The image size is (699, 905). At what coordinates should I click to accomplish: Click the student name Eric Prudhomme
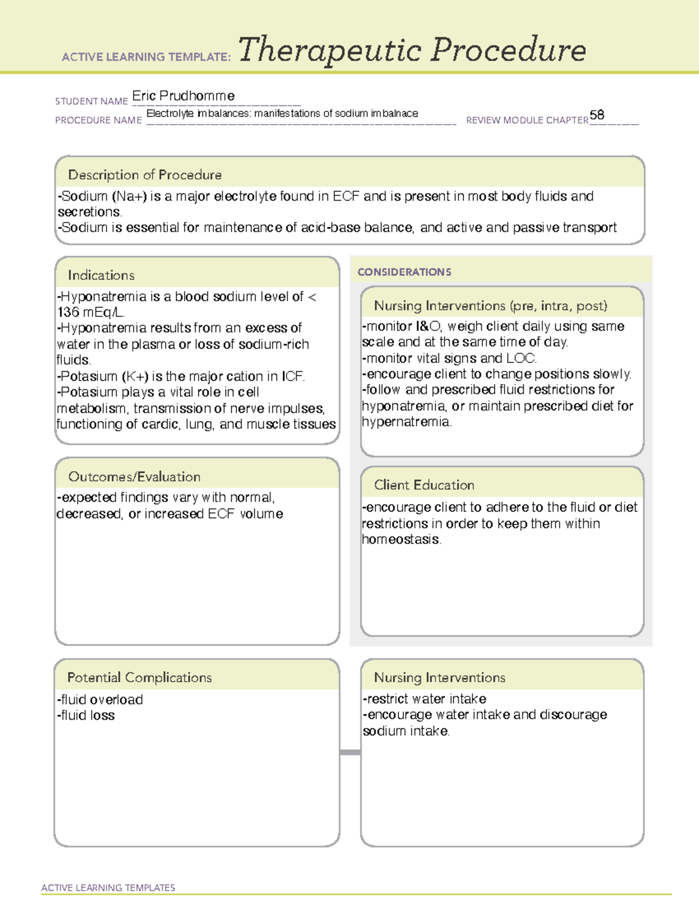point(183,96)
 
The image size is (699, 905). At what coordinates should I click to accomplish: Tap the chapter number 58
point(596,115)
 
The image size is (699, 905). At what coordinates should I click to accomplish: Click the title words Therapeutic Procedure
point(412,50)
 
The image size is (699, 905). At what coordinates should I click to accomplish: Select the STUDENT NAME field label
point(91,101)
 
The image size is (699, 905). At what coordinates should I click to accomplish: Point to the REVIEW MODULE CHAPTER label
point(527,120)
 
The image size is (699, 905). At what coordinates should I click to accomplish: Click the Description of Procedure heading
point(144,175)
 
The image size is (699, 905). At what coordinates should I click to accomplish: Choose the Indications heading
point(101,275)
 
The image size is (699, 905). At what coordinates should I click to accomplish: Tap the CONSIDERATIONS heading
point(404,272)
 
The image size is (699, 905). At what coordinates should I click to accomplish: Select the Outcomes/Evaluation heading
point(134,477)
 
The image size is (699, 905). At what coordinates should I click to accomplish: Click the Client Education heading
point(423,485)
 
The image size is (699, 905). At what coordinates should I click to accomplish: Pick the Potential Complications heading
point(139,677)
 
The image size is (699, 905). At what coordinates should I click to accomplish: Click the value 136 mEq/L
point(91,312)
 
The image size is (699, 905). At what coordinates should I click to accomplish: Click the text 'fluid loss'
point(87,716)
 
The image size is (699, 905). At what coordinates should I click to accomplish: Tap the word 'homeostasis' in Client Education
point(401,540)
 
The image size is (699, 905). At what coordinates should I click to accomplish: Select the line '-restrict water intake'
point(424,699)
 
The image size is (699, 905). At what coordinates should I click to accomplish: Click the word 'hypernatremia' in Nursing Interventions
point(405,422)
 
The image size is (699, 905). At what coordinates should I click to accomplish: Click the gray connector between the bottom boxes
point(350,752)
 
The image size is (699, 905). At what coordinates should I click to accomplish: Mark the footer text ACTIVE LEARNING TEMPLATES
point(108,888)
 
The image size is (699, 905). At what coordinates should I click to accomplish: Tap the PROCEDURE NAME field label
point(98,120)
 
